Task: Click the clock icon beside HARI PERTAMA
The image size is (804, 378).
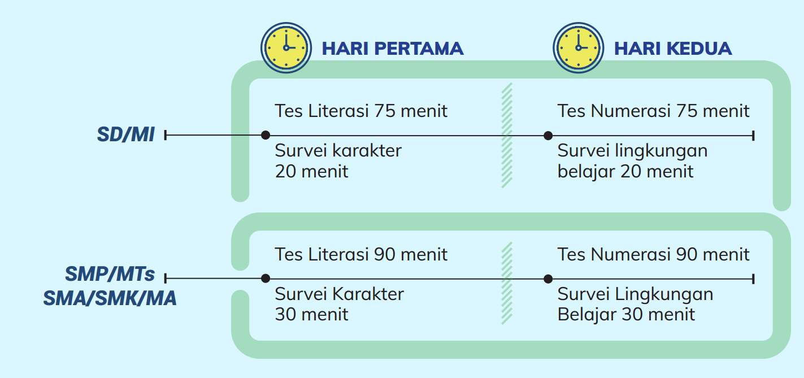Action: pyautogui.click(x=286, y=47)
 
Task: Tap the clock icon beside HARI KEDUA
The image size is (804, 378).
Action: pyautogui.click(x=578, y=47)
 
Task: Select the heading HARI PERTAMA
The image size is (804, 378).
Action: pyautogui.click(x=393, y=49)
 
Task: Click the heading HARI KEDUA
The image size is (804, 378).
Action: pyautogui.click(x=673, y=49)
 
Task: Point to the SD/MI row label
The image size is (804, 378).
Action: pyautogui.click(x=125, y=134)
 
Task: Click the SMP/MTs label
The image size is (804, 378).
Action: pyautogui.click(x=110, y=274)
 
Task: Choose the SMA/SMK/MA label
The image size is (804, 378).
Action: pyautogui.click(x=110, y=298)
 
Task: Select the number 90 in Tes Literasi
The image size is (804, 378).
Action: pyautogui.click(x=385, y=254)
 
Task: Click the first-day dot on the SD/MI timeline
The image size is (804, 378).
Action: pyautogui.click(x=265, y=135)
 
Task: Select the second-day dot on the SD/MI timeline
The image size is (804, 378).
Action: pyautogui.click(x=547, y=136)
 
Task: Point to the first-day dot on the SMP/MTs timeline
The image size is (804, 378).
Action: pyautogui.click(x=265, y=278)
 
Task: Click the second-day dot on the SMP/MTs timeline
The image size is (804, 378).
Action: pyautogui.click(x=547, y=279)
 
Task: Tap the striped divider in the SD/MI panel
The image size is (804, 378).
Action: pyautogui.click(x=507, y=136)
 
